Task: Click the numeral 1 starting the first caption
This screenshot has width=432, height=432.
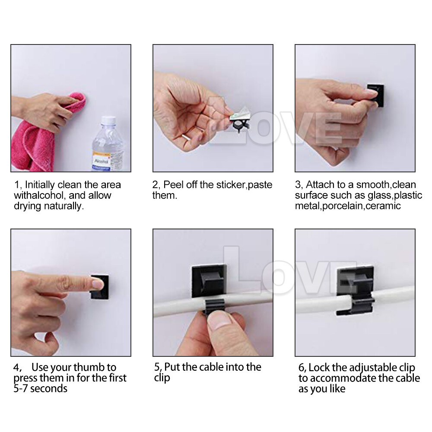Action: pos(16,185)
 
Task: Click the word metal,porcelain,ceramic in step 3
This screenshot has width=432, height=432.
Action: pos(348,206)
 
